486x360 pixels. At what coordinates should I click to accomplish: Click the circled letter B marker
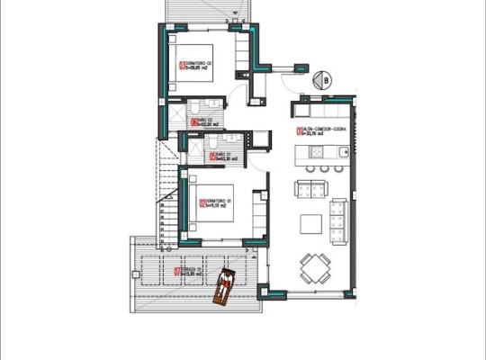[321, 80]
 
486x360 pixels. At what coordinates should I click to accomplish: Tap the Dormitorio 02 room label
[202, 64]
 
